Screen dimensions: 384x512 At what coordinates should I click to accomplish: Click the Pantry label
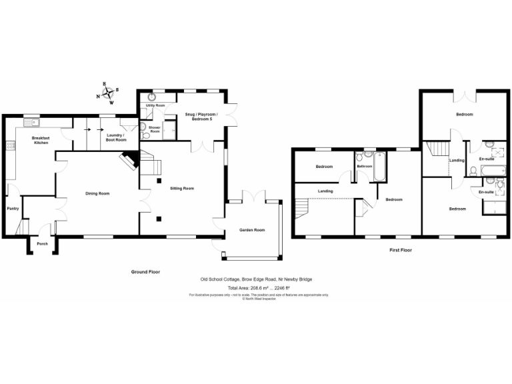click(x=13, y=209)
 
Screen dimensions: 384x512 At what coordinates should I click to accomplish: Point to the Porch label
click(x=42, y=243)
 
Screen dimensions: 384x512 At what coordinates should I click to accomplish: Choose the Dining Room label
click(x=97, y=193)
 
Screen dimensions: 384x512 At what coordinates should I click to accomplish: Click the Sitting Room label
click(x=181, y=189)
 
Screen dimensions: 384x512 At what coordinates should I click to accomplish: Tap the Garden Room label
click(x=252, y=230)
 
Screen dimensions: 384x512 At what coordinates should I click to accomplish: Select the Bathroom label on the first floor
click(x=364, y=166)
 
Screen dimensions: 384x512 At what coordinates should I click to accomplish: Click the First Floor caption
click(x=401, y=250)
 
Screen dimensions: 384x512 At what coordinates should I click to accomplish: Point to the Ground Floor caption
click(x=145, y=272)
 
